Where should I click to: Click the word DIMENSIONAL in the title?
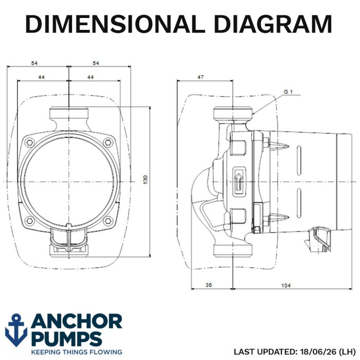(115, 24)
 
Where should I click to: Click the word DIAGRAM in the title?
(273, 24)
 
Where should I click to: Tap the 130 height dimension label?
(146, 180)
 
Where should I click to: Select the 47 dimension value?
(201, 77)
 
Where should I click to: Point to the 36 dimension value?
(208, 285)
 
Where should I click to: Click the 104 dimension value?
(286, 285)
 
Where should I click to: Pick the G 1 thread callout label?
(289, 92)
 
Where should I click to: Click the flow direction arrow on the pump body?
(239, 182)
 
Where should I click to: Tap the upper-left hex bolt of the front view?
(30, 142)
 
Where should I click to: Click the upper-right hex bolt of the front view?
(107, 142)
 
